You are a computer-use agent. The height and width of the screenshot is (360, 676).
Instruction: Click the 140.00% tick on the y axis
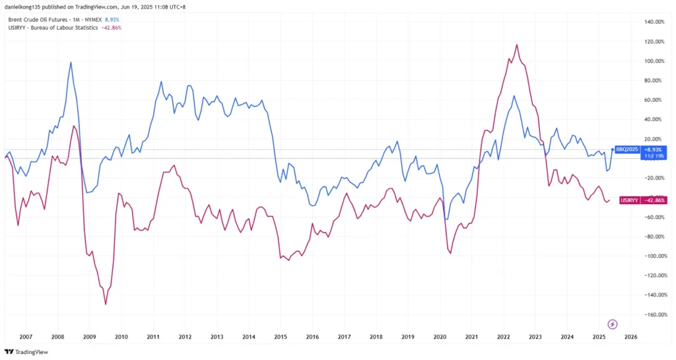654,22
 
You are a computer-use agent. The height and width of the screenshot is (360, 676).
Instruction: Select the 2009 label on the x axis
89,336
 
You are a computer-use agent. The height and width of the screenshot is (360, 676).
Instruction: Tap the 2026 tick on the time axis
630,336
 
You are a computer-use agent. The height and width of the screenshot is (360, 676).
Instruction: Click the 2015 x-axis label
280,336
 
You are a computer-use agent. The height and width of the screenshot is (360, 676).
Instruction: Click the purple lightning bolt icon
612,324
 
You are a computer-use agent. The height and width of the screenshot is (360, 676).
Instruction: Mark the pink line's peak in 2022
516,45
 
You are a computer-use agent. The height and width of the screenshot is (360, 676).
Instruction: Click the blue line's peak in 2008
71,62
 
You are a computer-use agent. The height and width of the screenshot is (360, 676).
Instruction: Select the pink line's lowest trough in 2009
106,305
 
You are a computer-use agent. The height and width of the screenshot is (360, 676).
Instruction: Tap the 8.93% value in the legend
113,20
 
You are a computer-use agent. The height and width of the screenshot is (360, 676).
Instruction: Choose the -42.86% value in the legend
112,28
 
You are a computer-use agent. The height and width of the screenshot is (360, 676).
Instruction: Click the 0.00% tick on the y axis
655,159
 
